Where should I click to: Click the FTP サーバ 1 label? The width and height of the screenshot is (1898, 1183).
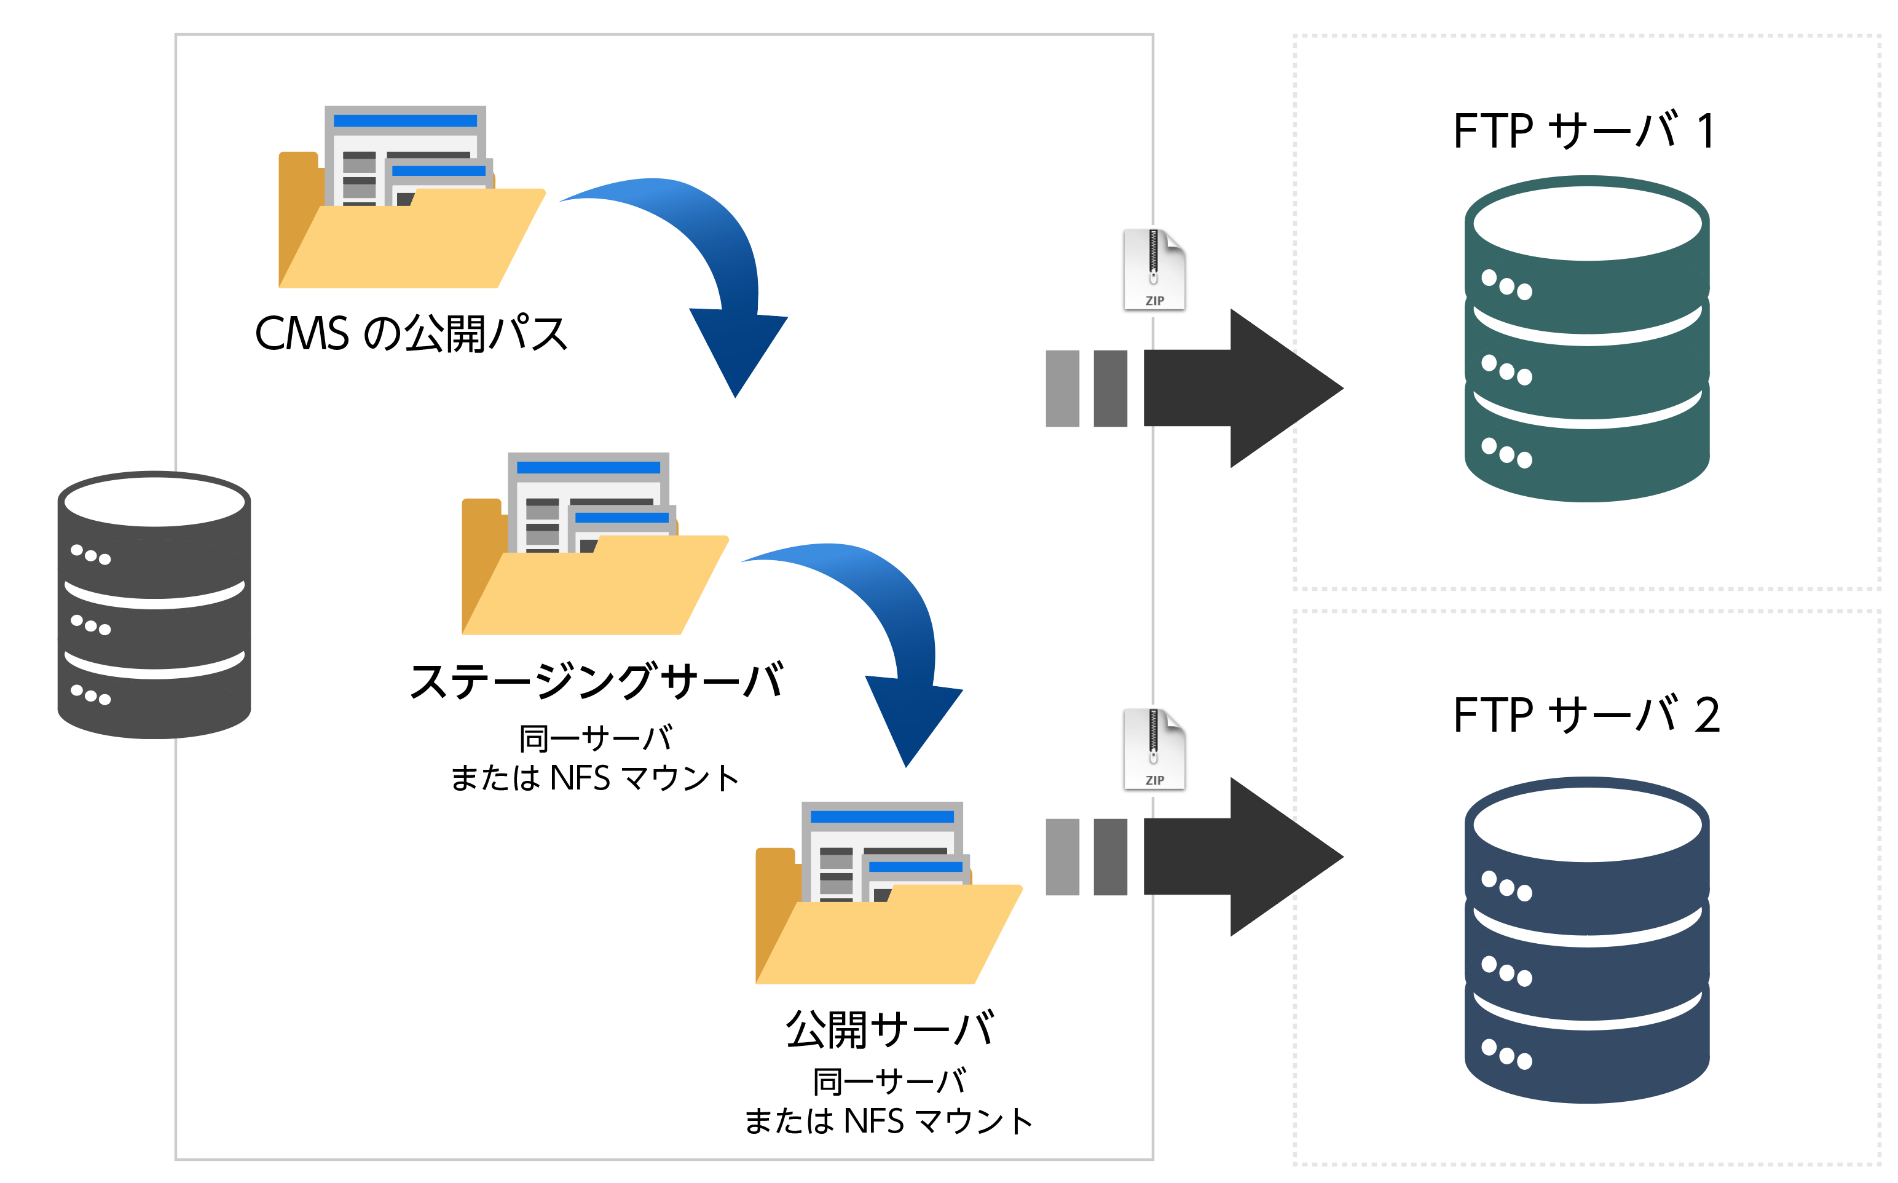pos(1584,131)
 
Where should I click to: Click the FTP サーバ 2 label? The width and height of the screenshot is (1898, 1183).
pos(1585,715)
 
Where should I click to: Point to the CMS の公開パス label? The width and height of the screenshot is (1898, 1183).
pos(411,334)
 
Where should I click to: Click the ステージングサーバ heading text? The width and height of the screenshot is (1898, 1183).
pos(596,681)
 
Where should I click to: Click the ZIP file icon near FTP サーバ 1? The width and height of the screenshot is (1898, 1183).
pos(1154,270)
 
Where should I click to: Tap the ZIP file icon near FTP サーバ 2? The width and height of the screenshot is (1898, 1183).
pos(1154,749)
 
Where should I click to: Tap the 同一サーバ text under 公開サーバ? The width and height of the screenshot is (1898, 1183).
pos(889,1082)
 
